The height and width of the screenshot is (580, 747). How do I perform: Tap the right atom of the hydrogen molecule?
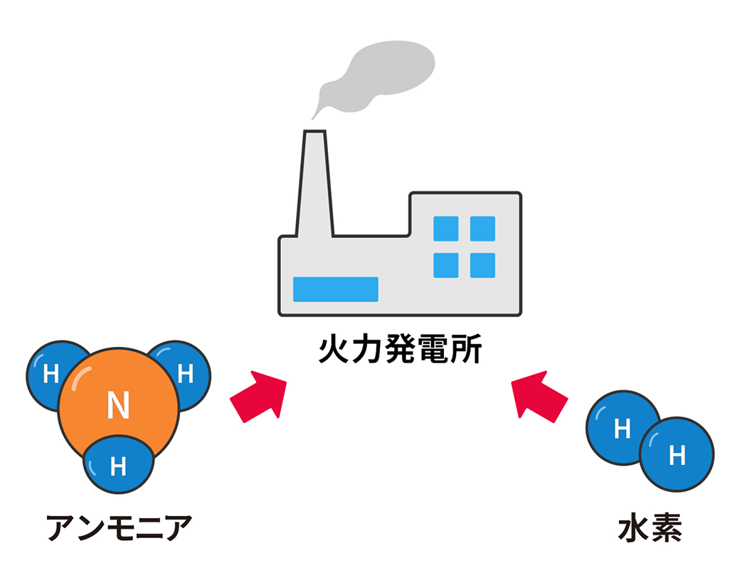point(677,454)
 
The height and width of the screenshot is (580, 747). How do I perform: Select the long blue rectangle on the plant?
point(335,289)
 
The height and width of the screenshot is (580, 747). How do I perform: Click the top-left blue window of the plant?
point(445,228)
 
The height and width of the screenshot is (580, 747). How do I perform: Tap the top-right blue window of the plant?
point(482,228)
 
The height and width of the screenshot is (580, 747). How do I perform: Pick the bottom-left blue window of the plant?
point(445,265)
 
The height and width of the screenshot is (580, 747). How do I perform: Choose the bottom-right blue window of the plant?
point(482,265)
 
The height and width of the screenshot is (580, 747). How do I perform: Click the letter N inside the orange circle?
point(118,405)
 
